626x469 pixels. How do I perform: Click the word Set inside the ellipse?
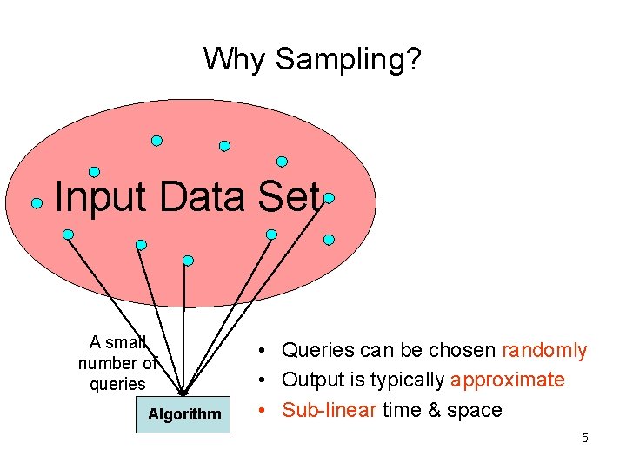[x=290, y=197]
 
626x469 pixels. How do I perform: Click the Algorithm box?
[x=184, y=414]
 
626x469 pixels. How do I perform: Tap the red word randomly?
[x=544, y=351]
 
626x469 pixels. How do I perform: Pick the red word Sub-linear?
[x=330, y=410]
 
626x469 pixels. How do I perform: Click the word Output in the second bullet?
[x=314, y=380]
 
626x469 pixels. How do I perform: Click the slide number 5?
[x=585, y=439]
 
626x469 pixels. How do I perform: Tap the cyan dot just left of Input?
[x=37, y=203]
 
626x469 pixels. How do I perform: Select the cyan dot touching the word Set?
[x=329, y=198]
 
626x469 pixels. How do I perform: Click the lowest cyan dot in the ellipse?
[x=188, y=260]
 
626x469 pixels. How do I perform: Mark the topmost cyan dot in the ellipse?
[x=156, y=140]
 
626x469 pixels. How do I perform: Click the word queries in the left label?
[x=117, y=384]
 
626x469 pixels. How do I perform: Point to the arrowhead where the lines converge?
[x=183, y=393]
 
